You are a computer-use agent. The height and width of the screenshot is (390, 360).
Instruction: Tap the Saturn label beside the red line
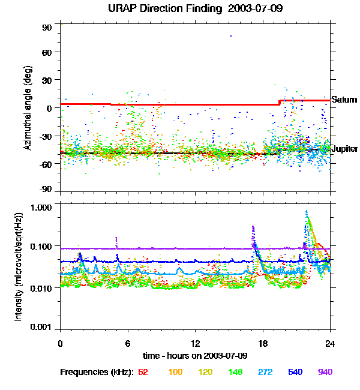(344, 100)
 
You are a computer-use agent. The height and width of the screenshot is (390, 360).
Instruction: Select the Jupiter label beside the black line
(345, 149)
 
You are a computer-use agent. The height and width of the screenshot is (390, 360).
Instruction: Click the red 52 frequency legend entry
(143, 372)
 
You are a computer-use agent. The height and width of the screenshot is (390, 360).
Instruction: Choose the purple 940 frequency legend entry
(325, 372)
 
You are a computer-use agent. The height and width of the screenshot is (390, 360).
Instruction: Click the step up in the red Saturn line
(280, 103)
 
